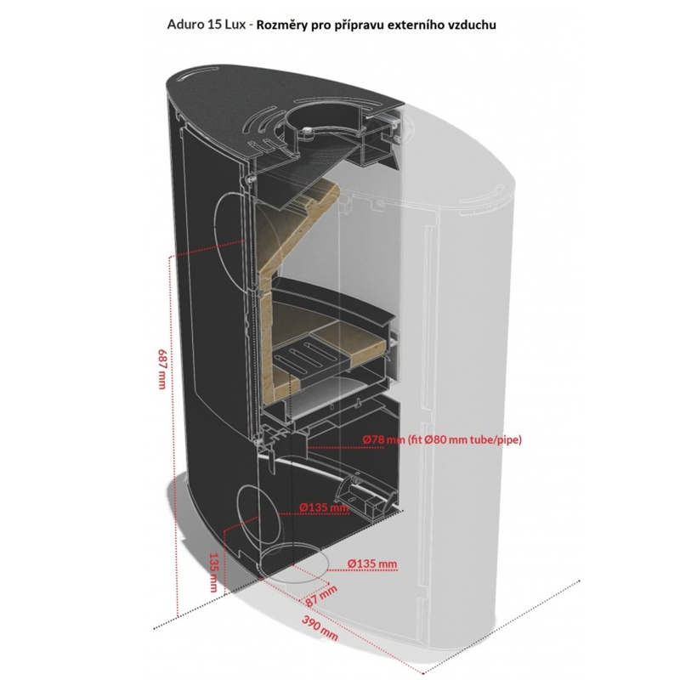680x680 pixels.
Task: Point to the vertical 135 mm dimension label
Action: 212,572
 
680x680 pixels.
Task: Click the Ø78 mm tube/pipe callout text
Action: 441,439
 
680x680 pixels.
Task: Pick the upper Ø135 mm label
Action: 324,508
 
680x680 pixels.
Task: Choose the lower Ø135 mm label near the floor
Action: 372,564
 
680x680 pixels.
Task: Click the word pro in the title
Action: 332,25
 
